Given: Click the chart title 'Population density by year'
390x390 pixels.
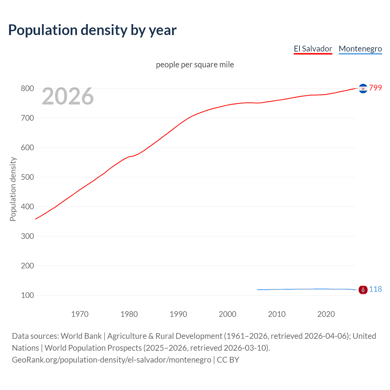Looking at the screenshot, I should point(92,30).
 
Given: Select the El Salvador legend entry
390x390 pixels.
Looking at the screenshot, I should point(313,49).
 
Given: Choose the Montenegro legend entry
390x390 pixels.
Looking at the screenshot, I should point(360,49).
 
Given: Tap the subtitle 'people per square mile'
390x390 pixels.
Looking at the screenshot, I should point(195,65).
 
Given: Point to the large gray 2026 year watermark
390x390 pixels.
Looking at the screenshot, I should point(68,96).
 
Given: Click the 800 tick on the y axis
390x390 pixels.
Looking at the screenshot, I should point(27,89).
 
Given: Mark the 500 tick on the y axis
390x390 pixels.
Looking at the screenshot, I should point(27,177).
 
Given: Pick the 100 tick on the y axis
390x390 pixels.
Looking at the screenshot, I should point(27,296).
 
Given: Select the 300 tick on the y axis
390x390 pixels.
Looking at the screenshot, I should point(27,236).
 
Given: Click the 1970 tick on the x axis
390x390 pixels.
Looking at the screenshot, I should point(80,314).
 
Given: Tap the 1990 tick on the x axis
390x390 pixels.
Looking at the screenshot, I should point(178,314).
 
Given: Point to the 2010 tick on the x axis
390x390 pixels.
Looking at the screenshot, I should point(277,314).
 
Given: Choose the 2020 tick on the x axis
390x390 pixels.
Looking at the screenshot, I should point(326,314).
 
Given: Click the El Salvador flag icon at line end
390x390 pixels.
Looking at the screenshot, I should point(363,88).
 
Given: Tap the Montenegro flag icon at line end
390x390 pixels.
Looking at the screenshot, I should point(363,290).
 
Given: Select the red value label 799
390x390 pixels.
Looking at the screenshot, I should point(375,88).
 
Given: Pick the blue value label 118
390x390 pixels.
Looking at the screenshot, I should point(375,289).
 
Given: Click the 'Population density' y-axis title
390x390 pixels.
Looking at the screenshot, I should point(13,189).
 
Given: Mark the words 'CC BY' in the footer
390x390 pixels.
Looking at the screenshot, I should point(228,360).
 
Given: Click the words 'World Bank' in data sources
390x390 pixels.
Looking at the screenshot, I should point(81,336).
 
